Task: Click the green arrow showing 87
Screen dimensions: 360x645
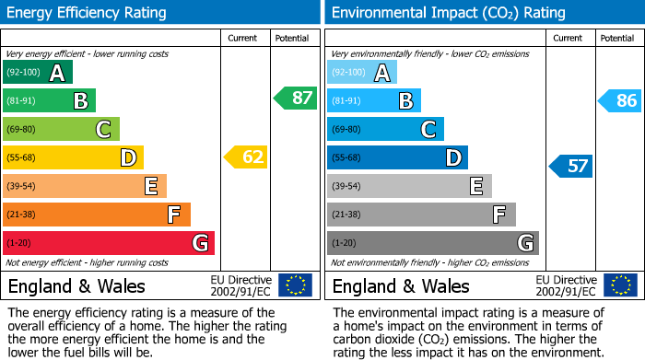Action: pyautogui.click(x=296, y=99)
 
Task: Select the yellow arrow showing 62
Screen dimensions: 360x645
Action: pyautogui.click(x=246, y=157)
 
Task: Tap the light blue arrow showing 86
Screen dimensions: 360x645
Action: pyautogui.click(x=620, y=100)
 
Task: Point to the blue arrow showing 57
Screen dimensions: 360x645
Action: pyautogui.click(x=571, y=166)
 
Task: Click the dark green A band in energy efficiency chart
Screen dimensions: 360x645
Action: pyautogui.click(x=38, y=73)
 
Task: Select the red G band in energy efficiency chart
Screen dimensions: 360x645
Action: pyautogui.click(x=109, y=243)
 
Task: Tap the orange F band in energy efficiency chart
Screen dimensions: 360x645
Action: pyautogui.click(x=97, y=215)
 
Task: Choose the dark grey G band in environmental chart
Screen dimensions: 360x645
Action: pyautogui.click(x=433, y=243)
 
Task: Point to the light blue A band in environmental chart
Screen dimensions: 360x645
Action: pyautogui.click(x=362, y=73)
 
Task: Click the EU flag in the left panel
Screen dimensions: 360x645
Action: pyautogui.click(x=295, y=285)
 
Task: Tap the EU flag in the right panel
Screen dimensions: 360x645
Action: pyautogui.click(x=619, y=285)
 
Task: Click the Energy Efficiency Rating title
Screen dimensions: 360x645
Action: pyautogui.click(x=88, y=13)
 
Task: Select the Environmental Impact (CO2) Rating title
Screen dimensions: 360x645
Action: pyautogui.click(x=447, y=13)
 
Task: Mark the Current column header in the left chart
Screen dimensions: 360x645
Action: pyautogui.click(x=242, y=38)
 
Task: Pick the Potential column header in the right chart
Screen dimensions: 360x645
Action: pyautogui.click(x=616, y=38)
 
